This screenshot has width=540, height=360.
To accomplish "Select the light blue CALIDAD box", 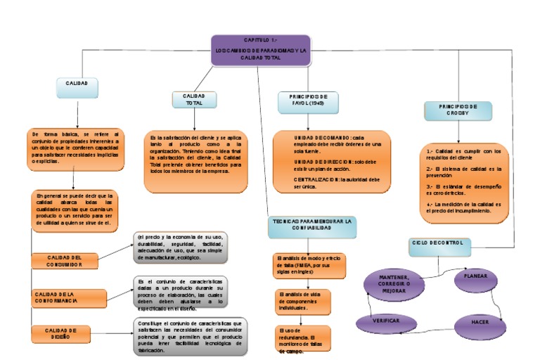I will [x=77, y=84].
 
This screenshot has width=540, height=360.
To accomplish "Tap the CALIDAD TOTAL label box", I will [x=193, y=99].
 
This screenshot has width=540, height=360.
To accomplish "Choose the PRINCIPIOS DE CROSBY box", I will [x=458, y=110].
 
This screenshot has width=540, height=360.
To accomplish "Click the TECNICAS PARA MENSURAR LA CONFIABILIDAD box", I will [x=311, y=225].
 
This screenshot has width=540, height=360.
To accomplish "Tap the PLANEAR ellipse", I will [x=475, y=277].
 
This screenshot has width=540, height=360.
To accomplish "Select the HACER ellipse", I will [x=480, y=323].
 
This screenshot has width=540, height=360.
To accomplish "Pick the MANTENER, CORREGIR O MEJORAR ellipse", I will [x=394, y=284].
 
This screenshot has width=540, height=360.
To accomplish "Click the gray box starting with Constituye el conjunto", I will [x=190, y=335].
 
